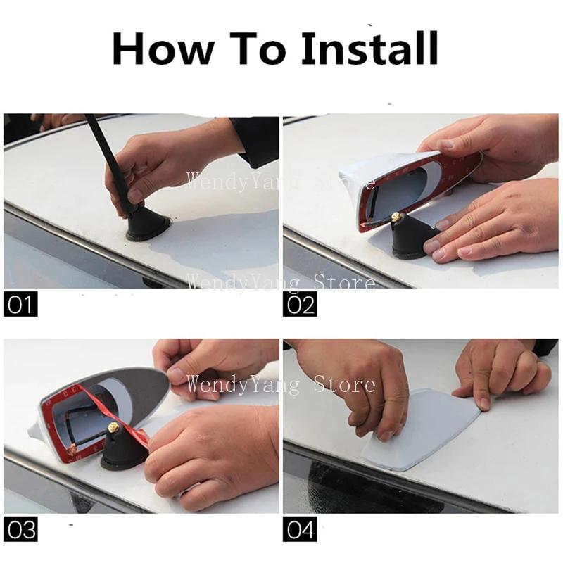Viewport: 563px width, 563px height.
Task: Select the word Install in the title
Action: click(x=370, y=48)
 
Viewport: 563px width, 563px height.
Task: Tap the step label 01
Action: click(x=20, y=304)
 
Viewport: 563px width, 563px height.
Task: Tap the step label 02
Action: click(x=300, y=304)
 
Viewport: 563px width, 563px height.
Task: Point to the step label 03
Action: click(x=20, y=529)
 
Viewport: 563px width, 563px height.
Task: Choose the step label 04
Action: click(x=300, y=529)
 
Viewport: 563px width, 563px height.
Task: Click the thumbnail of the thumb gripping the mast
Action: click(x=136, y=196)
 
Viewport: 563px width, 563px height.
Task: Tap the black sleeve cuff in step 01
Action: click(x=255, y=142)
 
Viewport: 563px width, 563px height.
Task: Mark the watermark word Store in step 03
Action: click(x=344, y=384)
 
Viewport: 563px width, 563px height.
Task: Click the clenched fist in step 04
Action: click(x=502, y=374)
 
